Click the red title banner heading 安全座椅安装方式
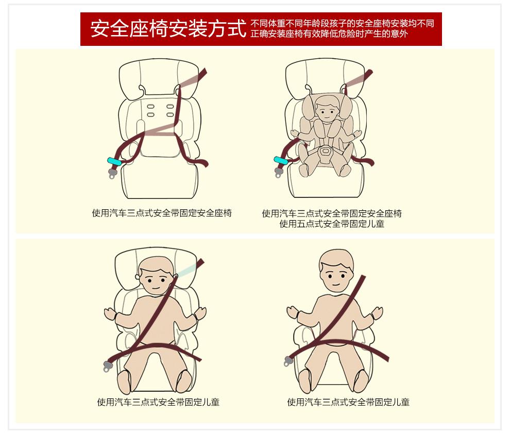(168, 28)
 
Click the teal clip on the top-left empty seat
(114, 161)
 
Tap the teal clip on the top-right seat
(281, 160)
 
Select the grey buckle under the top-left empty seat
(112, 173)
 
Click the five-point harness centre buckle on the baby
(325, 152)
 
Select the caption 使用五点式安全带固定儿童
(332, 224)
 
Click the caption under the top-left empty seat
(162, 213)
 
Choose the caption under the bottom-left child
(158, 402)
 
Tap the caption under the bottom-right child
(348, 402)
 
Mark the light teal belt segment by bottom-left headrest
(188, 270)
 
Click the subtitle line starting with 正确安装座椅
(329, 34)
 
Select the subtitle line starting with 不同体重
(342, 23)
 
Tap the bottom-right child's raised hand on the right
(378, 313)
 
